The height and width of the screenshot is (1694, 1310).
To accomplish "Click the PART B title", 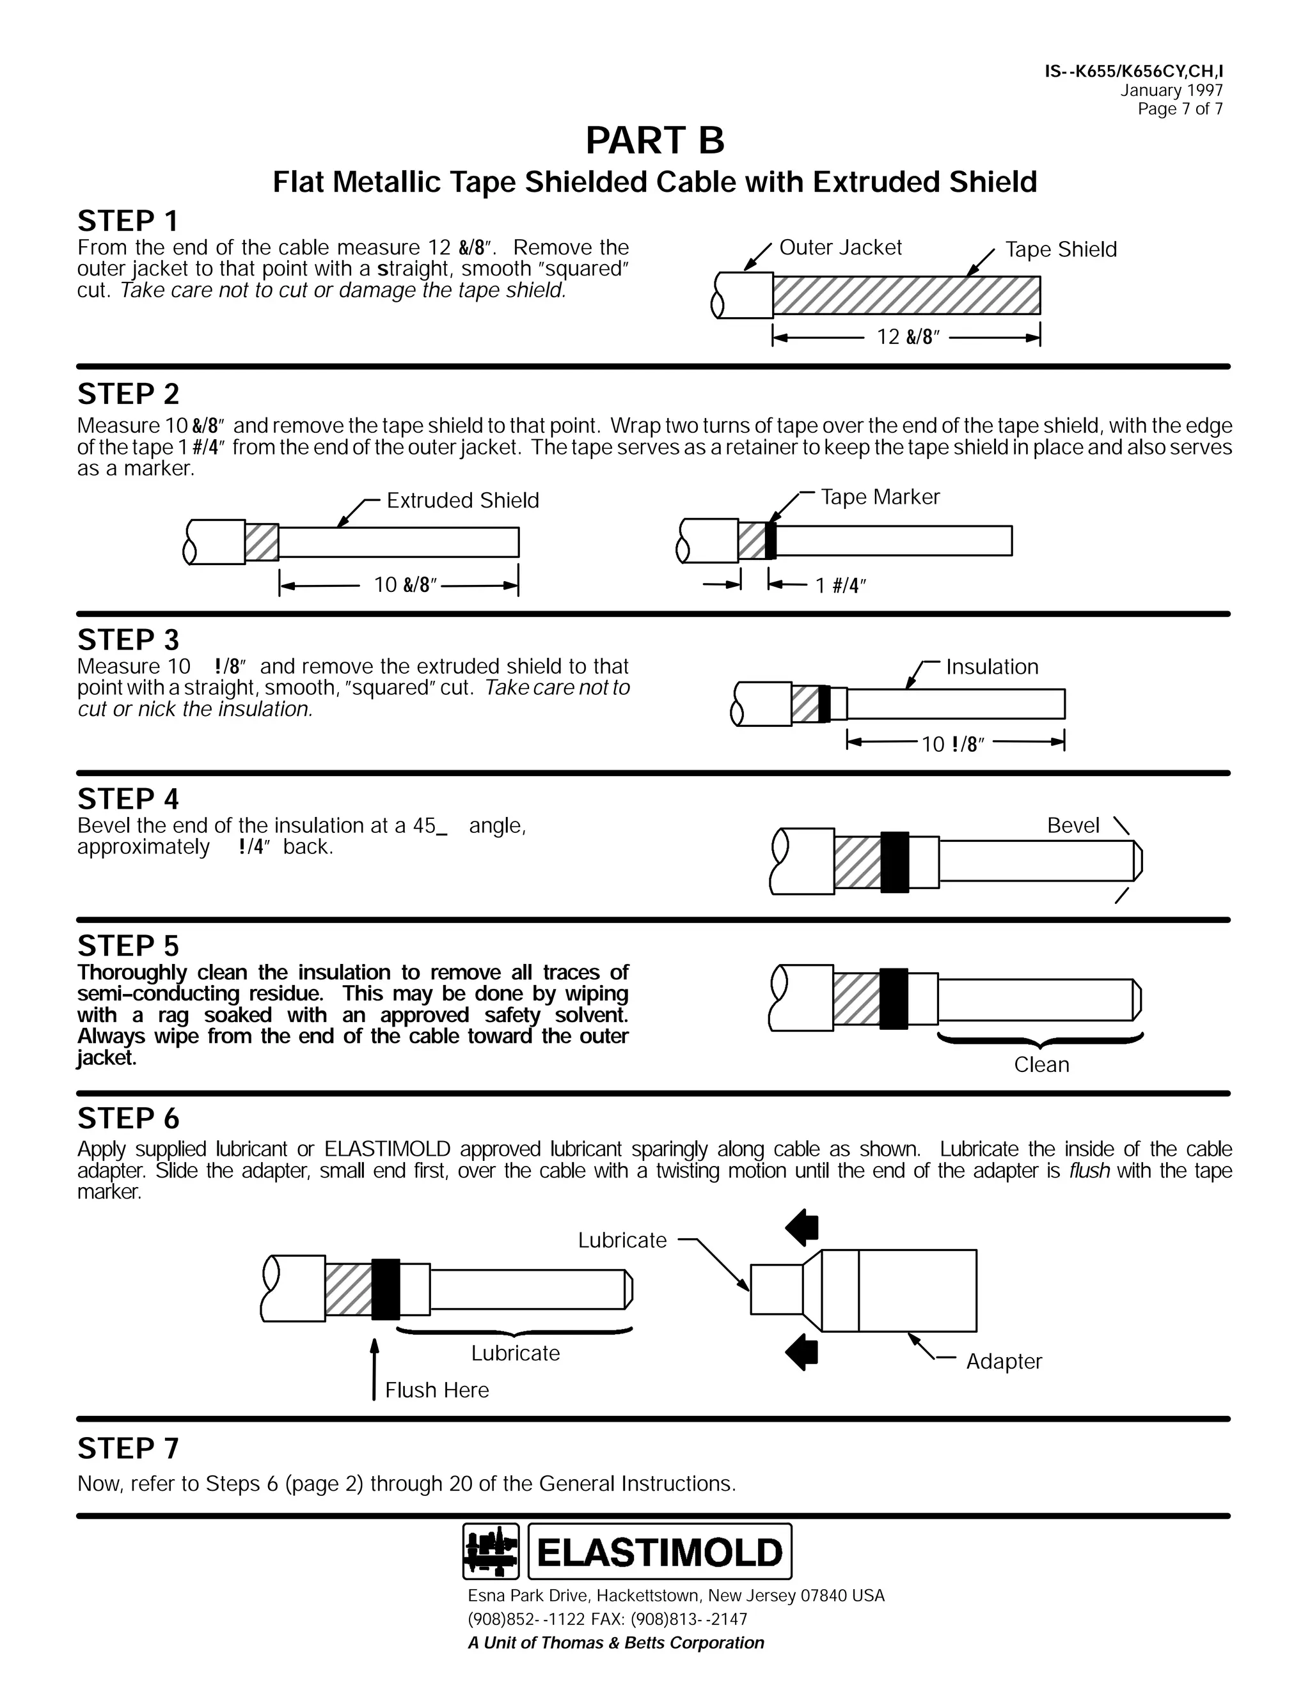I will [x=654, y=141].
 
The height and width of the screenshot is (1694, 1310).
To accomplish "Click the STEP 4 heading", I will [x=128, y=799].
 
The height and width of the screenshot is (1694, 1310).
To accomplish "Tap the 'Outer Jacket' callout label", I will [x=840, y=247].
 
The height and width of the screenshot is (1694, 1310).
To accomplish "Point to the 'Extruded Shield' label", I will [x=462, y=501].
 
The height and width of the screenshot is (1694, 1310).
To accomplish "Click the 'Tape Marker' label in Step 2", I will [x=880, y=497].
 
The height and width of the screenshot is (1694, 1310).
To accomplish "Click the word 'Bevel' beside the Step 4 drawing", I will [x=1073, y=825].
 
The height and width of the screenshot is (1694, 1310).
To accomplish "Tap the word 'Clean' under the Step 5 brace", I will [x=1041, y=1065].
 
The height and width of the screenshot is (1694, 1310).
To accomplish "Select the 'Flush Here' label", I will [x=437, y=1390].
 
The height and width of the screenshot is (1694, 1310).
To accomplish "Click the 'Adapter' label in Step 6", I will [x=1004, y=1361].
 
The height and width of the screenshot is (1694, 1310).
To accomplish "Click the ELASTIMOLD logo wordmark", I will [x=659, y=1553].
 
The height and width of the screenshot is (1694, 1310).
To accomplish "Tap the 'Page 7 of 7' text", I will [x=1180, y=109].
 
